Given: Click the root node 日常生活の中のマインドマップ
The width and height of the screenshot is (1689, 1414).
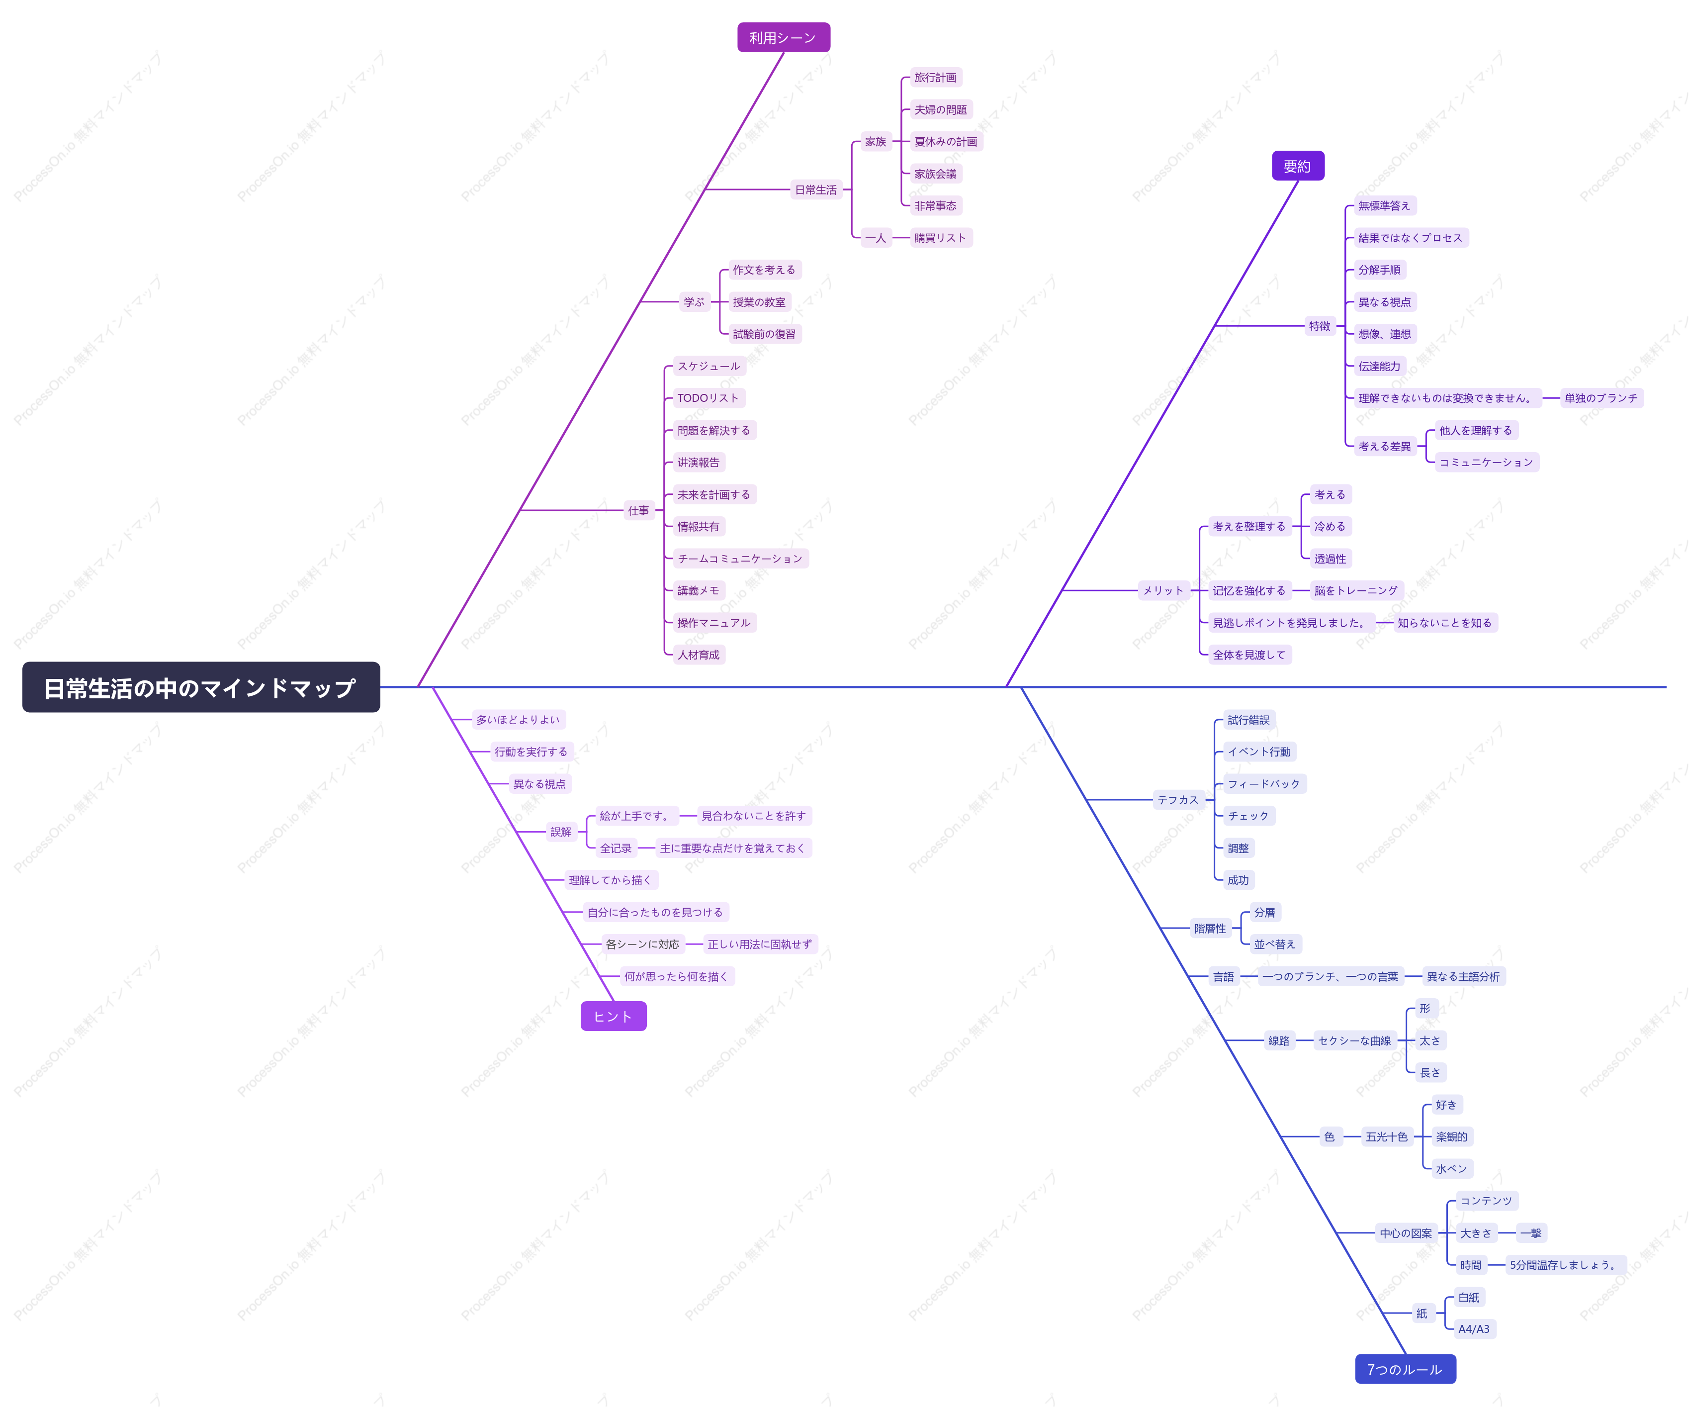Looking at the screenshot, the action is point(201,688).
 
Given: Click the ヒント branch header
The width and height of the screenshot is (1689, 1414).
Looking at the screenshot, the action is point(613,1016).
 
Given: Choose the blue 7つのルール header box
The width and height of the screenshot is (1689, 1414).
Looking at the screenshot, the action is point(1405,1369).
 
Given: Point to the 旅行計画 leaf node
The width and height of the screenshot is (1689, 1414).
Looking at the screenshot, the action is point(935,77).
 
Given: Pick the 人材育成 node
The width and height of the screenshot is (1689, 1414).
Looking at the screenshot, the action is point(698,655).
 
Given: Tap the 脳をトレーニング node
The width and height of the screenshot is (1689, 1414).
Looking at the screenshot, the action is point(1356,590).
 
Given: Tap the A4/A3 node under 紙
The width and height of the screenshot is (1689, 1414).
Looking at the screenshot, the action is point(1473,1329).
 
